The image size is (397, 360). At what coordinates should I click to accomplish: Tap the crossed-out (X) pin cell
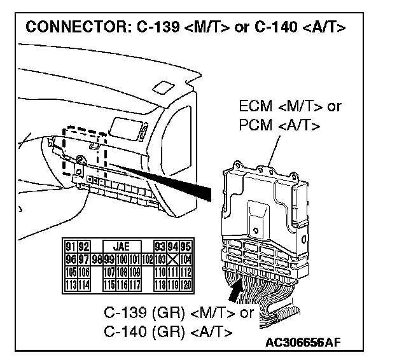173,259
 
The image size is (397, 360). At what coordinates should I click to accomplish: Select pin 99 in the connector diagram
109,259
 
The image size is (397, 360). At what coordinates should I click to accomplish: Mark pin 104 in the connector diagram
185,259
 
